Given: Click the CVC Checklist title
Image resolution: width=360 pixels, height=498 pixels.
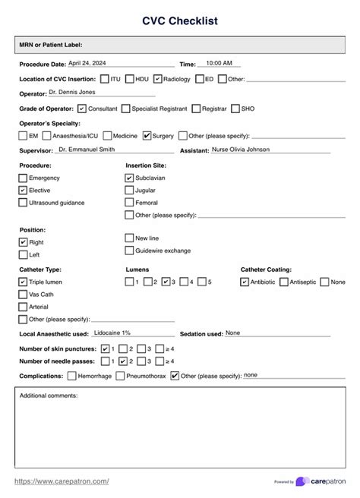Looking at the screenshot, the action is [179, 21].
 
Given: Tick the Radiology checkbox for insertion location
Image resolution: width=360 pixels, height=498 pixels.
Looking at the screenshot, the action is [157, 79].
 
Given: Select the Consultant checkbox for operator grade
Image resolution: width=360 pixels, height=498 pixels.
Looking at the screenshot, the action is [82, 109].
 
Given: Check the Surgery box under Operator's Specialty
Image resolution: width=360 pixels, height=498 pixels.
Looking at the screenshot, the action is [147, 136].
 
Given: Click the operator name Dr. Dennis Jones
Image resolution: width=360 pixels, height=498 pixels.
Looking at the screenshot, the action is [72, 93].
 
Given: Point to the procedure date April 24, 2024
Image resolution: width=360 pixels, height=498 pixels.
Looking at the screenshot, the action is [89, 63].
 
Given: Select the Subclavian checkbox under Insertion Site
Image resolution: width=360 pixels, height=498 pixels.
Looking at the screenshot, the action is [129, 178].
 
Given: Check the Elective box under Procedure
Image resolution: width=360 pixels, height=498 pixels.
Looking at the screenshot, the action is [24, 191].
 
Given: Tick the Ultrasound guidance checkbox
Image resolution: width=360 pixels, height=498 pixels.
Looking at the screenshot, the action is [24, 203].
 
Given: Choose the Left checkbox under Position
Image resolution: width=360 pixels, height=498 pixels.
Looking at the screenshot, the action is [24, 255].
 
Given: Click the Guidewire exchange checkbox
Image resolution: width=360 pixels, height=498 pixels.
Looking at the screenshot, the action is [129, 251].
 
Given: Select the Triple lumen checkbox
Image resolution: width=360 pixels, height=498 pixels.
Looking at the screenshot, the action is [24, 282].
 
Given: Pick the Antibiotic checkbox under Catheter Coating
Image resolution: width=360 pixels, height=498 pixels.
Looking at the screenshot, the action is [244, 282].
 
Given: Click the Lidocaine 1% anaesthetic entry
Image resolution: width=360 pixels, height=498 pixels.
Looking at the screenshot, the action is [112, 333].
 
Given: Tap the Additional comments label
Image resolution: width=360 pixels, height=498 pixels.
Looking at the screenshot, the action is [49, 396].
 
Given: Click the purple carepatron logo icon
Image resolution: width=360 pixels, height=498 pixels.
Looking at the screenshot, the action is [302, 481].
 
